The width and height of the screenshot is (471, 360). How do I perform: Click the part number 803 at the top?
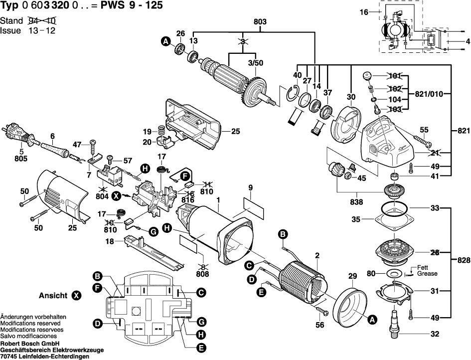tap(260, 21)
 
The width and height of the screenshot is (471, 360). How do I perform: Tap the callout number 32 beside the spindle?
tap(435, 335)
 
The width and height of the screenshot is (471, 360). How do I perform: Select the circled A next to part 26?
tap(165, 43)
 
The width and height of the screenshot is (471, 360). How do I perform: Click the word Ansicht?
tap(53, 296)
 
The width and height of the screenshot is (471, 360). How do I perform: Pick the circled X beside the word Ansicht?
tap(76, 296)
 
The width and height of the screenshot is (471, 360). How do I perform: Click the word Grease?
tap(428, 274)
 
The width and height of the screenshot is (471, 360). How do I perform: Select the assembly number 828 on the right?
tap(464, 260)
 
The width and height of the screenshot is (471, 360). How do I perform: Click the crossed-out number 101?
tap(394, 76)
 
